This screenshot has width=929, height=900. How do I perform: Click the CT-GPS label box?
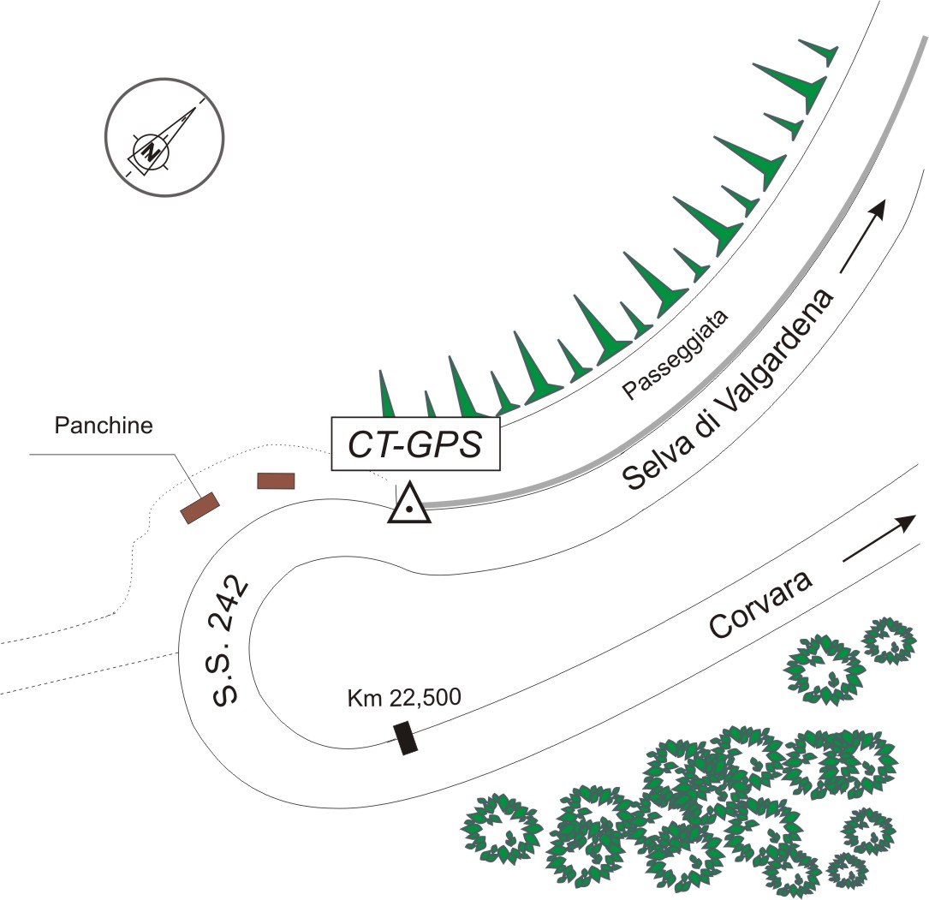point(415,444)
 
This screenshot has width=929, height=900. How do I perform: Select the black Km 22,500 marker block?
point(406,738)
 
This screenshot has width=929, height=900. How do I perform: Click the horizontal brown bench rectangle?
point(276,480)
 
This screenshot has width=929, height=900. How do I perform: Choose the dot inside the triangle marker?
point(410,510)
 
